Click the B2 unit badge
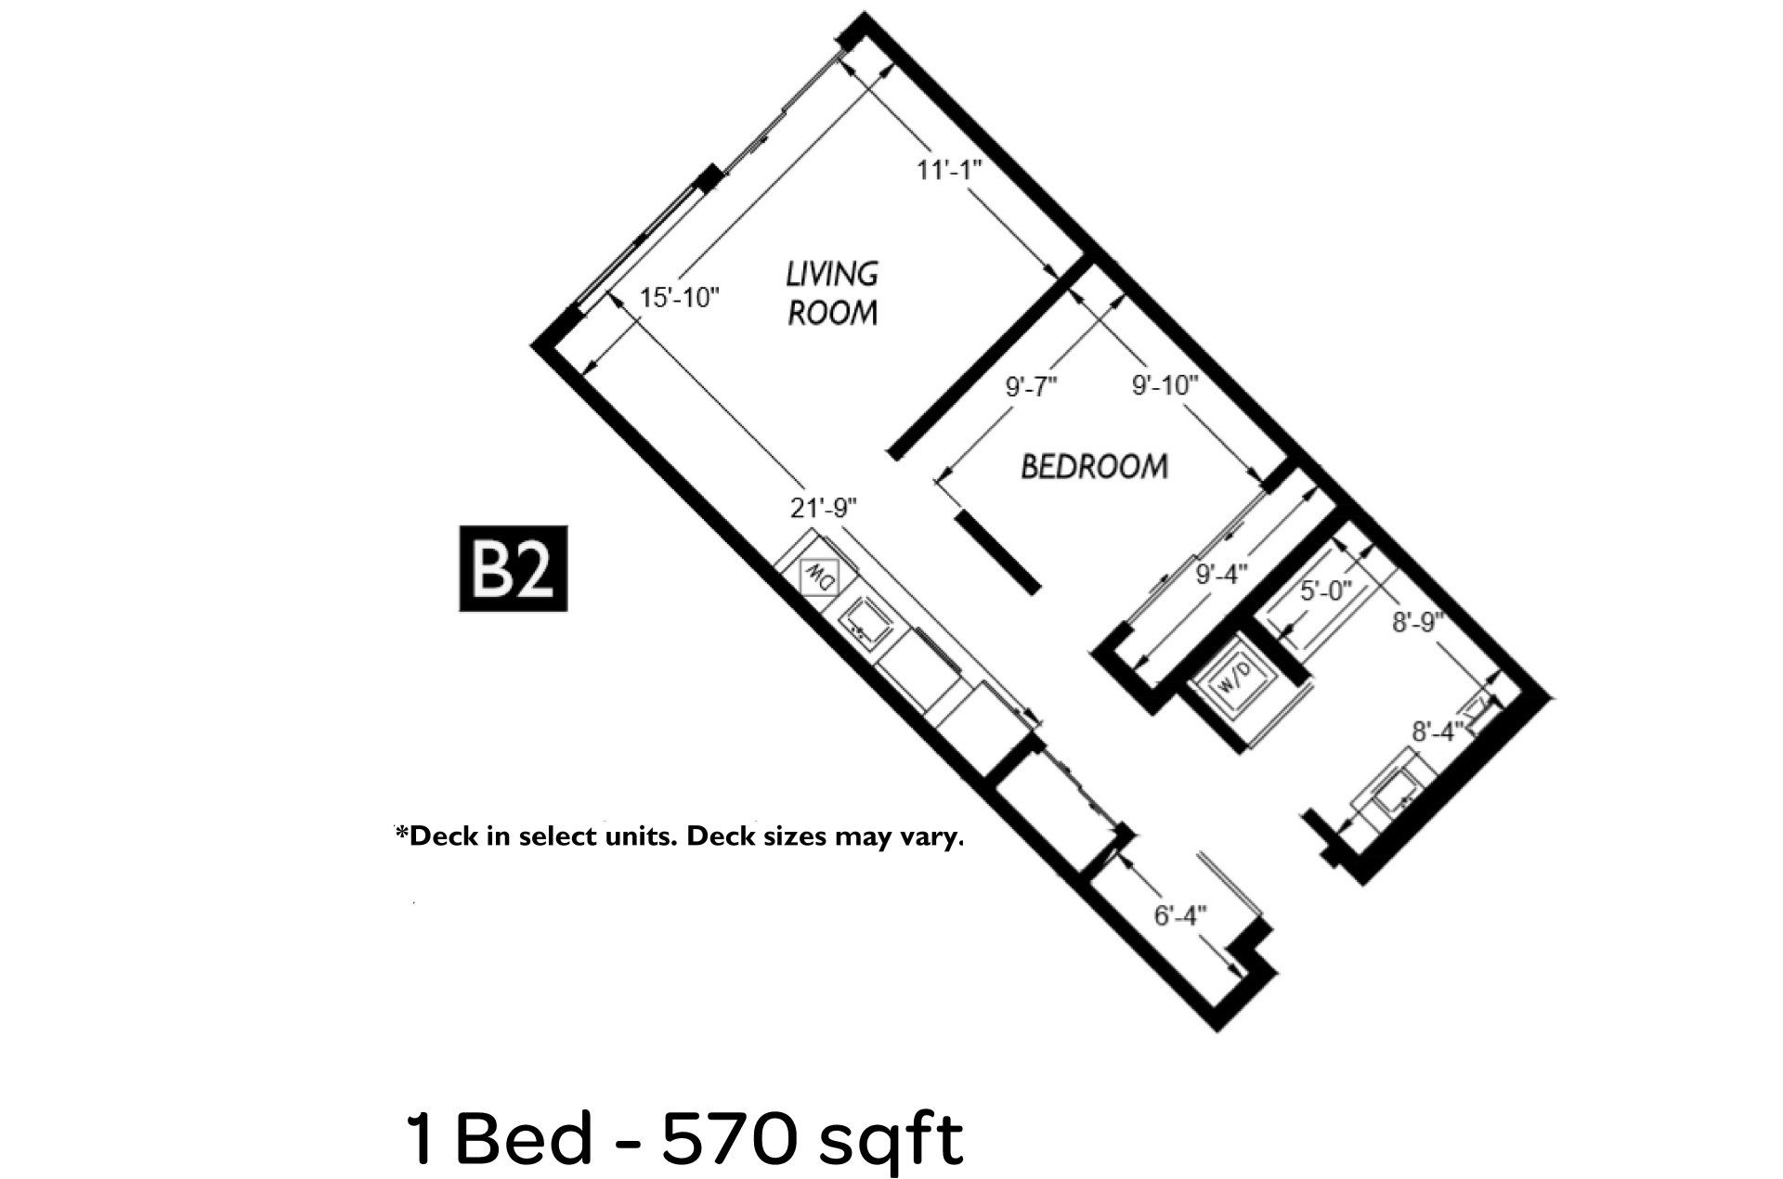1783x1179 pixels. pos(513,569)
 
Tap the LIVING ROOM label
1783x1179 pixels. pos(832,293)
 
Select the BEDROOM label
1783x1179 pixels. pos(1095,465)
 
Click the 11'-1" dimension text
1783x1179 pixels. pos(949,171)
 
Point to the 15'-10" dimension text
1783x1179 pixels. pos(680,298)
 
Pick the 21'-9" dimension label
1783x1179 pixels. pos(823,508)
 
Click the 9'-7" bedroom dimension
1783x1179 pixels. pos(1032,386)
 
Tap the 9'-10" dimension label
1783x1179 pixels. pos(1165,385)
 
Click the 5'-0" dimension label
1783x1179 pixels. pos(1326,591)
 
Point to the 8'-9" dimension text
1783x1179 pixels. pos(1418,622)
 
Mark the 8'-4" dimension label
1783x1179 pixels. pos(1438,732)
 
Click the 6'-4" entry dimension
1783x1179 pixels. pos(1179,915)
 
